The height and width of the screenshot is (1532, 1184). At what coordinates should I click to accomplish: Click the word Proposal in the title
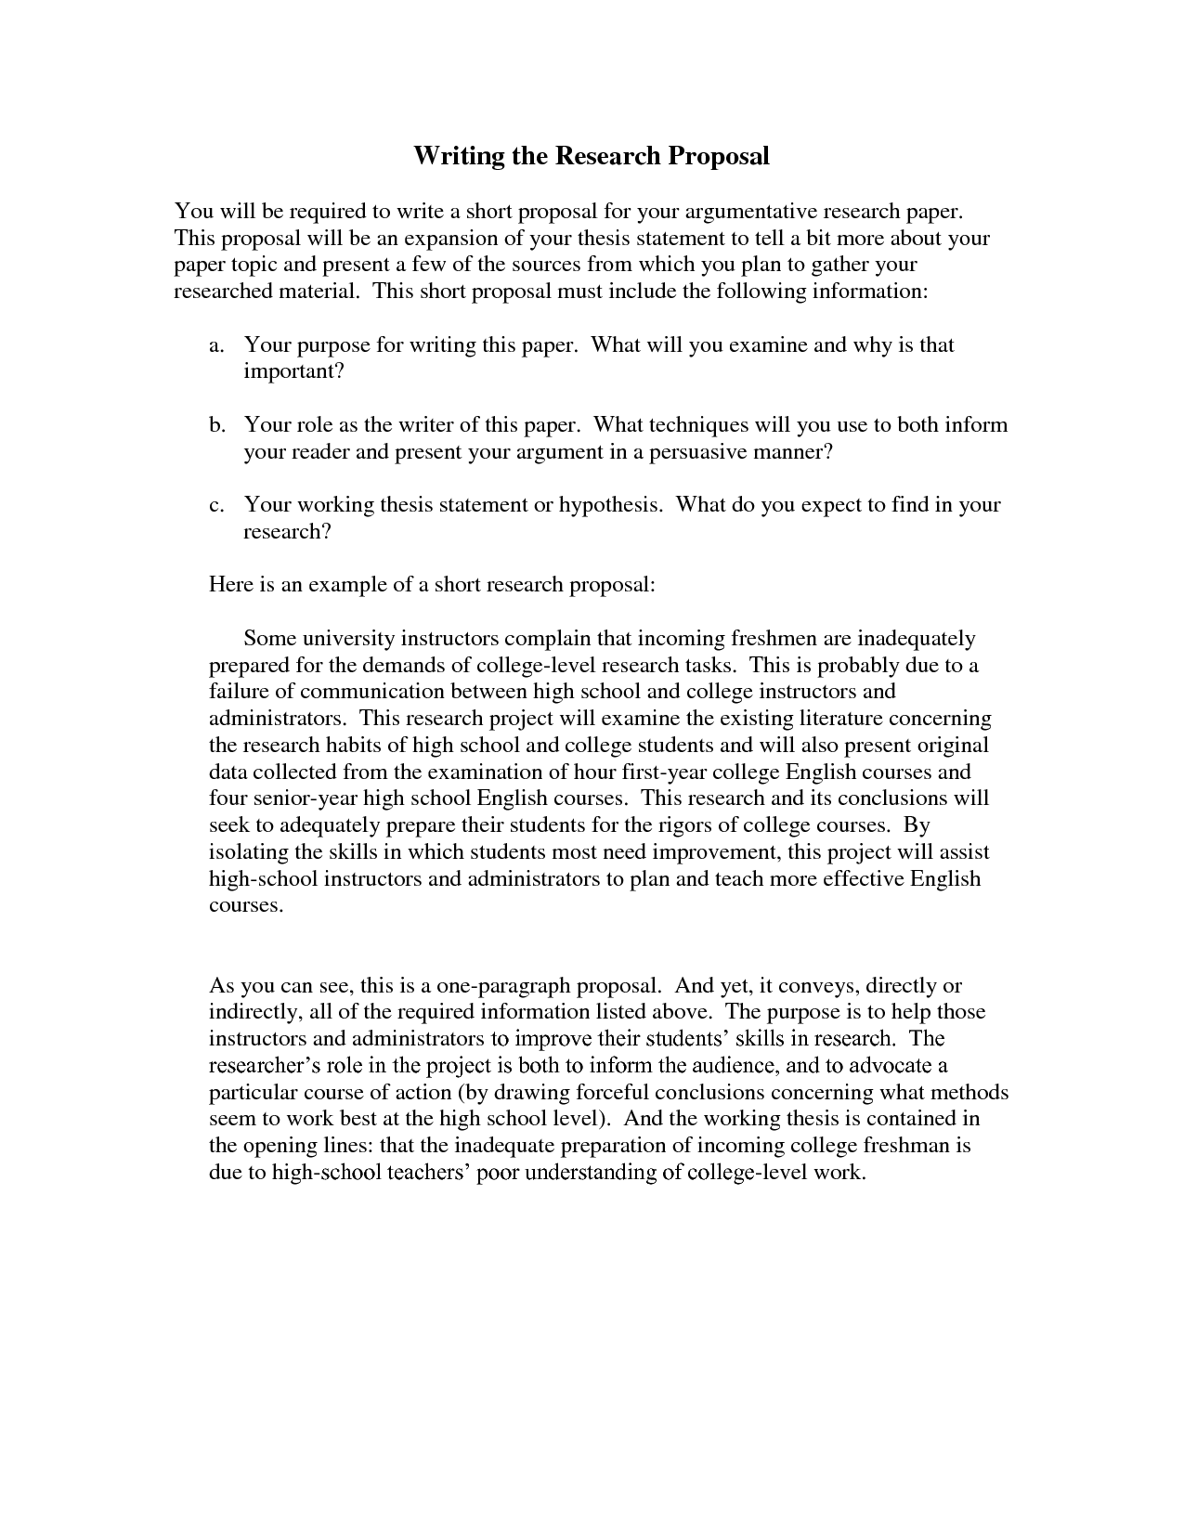(718, 156)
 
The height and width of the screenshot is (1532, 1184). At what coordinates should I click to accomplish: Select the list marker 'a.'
(217, 345)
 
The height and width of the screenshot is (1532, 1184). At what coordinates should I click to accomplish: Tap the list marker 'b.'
(217, 425)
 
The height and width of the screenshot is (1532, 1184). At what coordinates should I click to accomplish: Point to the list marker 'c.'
(217, 505)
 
